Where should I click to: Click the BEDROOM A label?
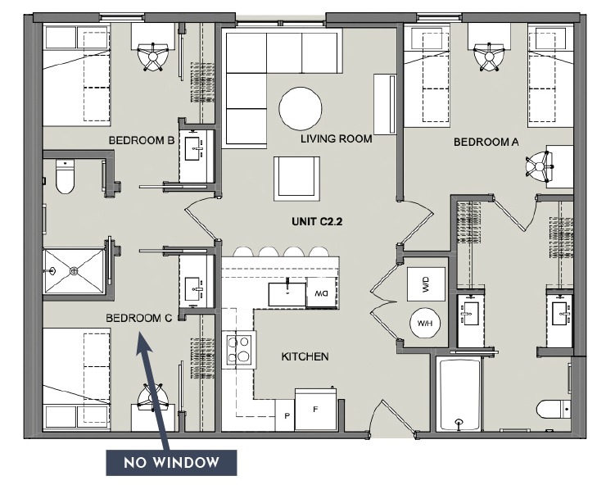486,142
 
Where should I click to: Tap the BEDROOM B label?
142,141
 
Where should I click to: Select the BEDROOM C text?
138,318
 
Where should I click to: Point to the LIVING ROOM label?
336,139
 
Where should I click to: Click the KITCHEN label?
305,356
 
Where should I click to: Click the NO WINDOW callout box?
171,463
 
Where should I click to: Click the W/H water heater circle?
425,324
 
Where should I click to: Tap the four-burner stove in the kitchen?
238,350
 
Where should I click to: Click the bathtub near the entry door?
459,394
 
